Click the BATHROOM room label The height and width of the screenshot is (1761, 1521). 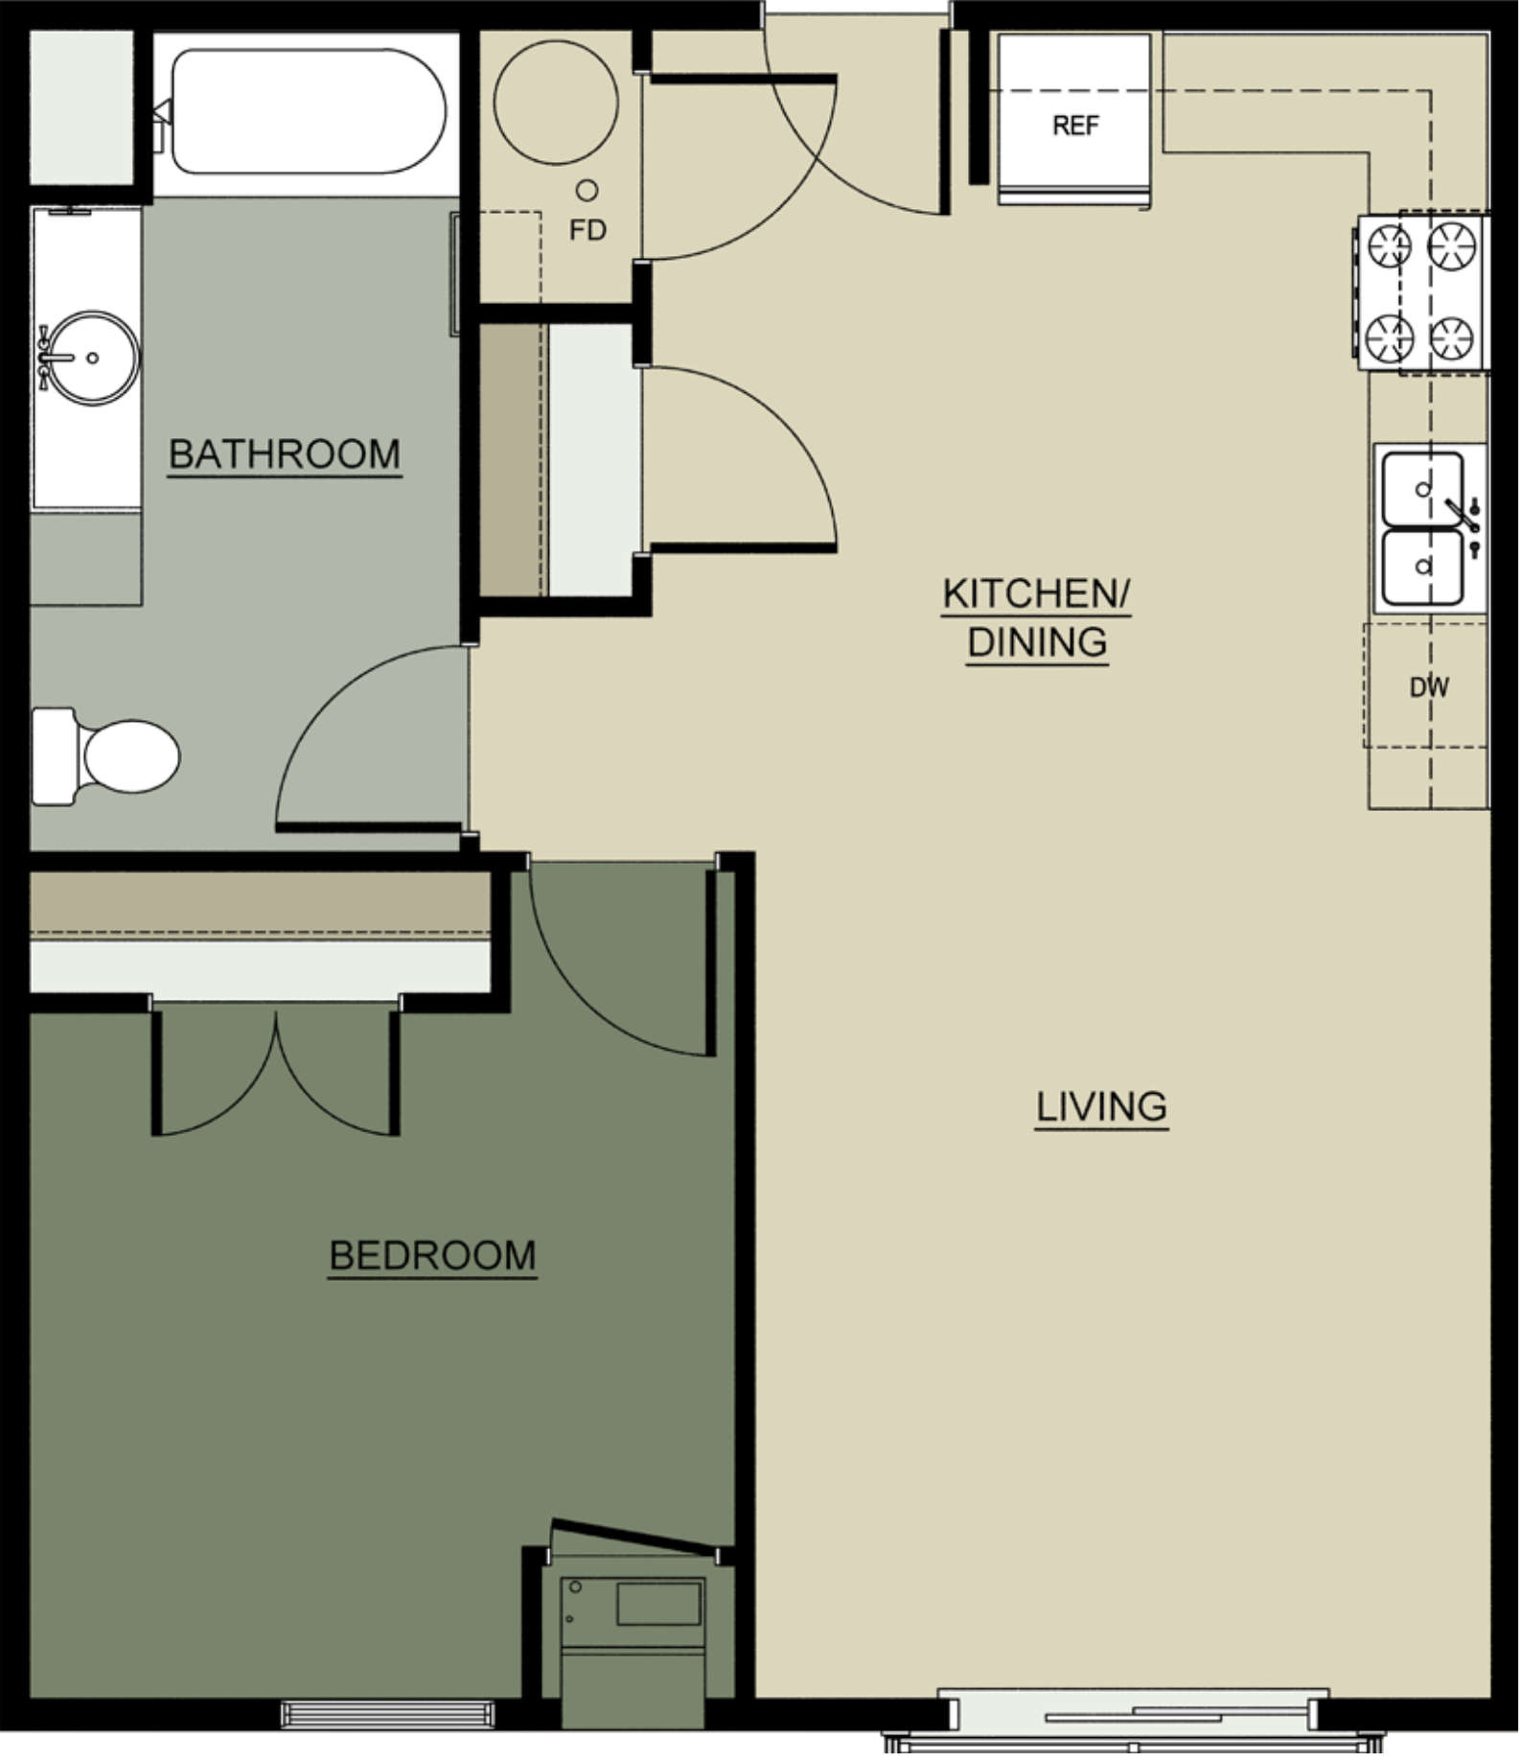click(x=285, y=454)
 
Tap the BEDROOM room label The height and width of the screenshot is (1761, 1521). click(x=432, y=1256)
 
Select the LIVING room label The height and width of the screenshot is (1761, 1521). click(x=1101, y=1107)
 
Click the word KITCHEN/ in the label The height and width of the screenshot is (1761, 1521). click(x=1036, y=594)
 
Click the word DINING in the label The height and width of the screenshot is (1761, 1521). click(x=1037, y=642)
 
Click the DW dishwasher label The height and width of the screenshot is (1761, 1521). click(x=1428, y=686)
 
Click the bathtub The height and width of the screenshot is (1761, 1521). click(x=309, y=112)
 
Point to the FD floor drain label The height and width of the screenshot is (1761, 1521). click(x=588, y=231)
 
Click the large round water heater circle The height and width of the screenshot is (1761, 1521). click(x=556, y=102)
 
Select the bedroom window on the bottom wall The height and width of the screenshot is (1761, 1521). click(x=387, y=1713)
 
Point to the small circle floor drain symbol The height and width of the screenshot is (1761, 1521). click(x=587, y=191)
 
